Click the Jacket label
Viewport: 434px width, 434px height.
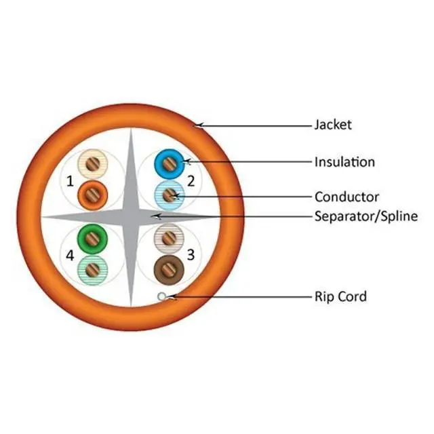(x=333, y=125)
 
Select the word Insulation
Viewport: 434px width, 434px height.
(x=344, y=162)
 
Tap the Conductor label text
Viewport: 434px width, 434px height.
(x=347, y=197)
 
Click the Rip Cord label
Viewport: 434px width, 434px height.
(x=340, y=296)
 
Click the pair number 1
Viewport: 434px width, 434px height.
(x=70, y=180)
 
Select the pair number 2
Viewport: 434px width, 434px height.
(x=191, y=180)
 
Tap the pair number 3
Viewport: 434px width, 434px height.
(x=191, y=255)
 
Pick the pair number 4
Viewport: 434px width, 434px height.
(x=70, y=255)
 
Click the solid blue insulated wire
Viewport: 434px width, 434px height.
(x=167, y=163)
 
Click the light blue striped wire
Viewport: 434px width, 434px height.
(x=167, y=195)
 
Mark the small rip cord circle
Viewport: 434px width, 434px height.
(x=161, y=296)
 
